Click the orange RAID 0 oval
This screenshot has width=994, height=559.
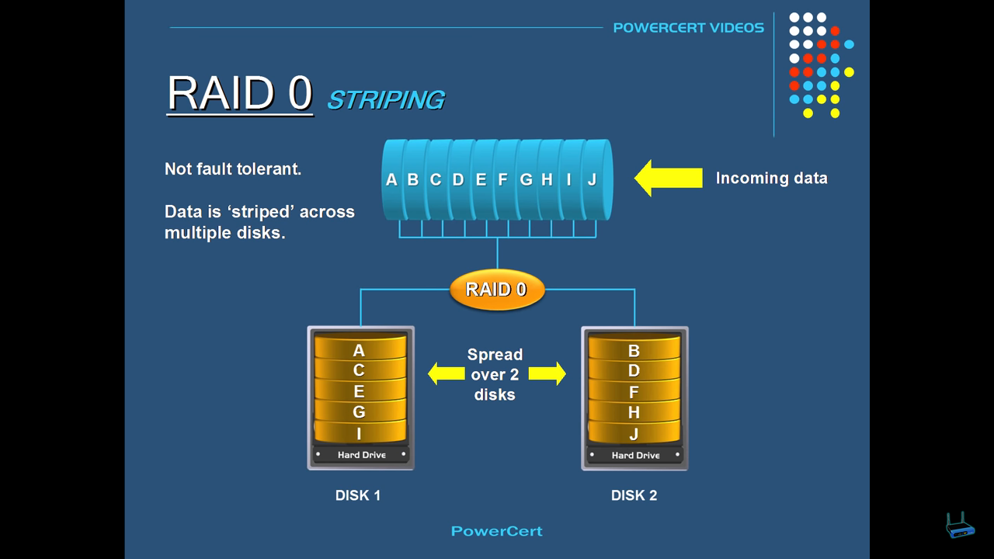(x=496, y=290)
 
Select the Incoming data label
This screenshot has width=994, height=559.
(x=771, y=178)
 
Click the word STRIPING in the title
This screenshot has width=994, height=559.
(x=385, y=99)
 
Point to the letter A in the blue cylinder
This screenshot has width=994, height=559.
(x=391, y=179)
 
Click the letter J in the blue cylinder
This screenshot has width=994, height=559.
(x=592, y=179)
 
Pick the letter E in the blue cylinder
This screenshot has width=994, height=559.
(x=481, y=179)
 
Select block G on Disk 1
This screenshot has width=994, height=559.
(x=359, y=412)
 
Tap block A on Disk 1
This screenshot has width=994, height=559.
(x=359, y=350)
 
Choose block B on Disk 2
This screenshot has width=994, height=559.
(x=634, y=351)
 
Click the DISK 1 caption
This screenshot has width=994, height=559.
(x=358, y=495)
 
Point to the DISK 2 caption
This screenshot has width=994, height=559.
(x=634, y=495)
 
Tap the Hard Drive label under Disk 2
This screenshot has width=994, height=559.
(x=635, y=455)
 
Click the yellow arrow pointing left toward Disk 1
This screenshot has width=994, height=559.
(x=443, y=373)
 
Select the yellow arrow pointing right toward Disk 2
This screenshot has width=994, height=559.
(x=547, y=373)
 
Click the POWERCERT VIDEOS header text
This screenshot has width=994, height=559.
(x=688, y=28)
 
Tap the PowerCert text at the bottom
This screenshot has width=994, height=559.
(x=496, y=531)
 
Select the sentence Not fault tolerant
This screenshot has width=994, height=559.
(x=233, y=169)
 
